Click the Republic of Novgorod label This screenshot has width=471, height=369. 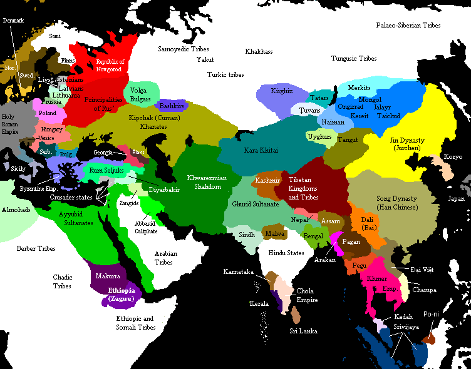pyautogui.click(x=110, y=65)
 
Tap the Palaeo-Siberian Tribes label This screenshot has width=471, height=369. pyautogui.click(x=408, y=26)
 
